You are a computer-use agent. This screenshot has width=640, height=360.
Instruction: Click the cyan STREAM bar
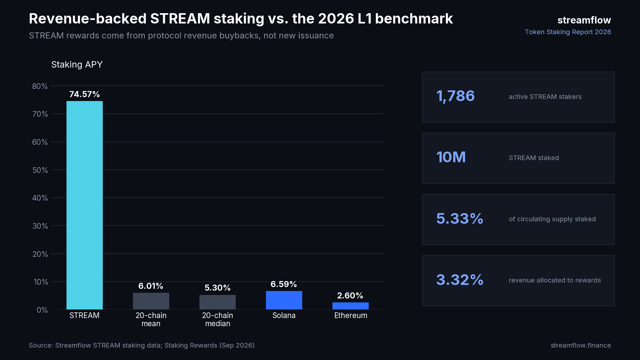point(85,205)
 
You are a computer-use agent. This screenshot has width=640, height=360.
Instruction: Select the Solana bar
point(284,300)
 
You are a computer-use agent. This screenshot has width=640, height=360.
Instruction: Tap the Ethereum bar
point(351,306)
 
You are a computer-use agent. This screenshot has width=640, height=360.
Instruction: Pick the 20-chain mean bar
point(151,301)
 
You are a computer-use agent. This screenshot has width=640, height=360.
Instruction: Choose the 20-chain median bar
point(218,302)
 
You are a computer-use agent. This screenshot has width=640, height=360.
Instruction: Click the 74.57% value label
point(85,94)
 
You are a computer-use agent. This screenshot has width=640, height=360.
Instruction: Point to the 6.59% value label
point(284,284)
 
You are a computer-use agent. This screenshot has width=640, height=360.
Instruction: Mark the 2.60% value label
point(350,296)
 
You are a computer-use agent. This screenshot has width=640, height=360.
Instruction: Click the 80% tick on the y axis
point(40,86)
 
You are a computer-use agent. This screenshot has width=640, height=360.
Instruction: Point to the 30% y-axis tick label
point(40,226)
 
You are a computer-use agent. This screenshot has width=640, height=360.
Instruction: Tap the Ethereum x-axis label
point(351,316)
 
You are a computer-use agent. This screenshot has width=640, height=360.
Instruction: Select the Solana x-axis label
point(284,316)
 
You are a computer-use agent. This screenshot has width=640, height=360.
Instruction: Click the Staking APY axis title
point(77,65)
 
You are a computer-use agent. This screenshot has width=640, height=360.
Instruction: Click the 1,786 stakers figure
point(455,96)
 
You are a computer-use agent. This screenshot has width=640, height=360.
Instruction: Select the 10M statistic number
point(451,157)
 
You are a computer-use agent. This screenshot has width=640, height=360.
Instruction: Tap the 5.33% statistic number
point(460,218)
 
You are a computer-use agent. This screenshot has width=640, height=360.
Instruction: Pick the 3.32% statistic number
point(460,280)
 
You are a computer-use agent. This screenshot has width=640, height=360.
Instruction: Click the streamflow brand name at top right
point(584,20)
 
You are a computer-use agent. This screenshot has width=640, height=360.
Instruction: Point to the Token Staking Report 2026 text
point(568,32)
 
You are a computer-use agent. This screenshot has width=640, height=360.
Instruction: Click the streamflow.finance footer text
point(581,345)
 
